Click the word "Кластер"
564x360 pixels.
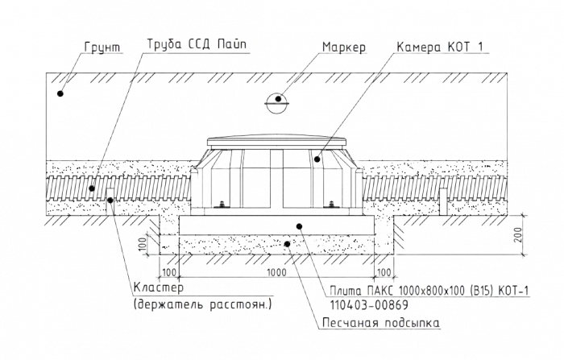156,288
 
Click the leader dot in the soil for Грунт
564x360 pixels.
60,94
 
